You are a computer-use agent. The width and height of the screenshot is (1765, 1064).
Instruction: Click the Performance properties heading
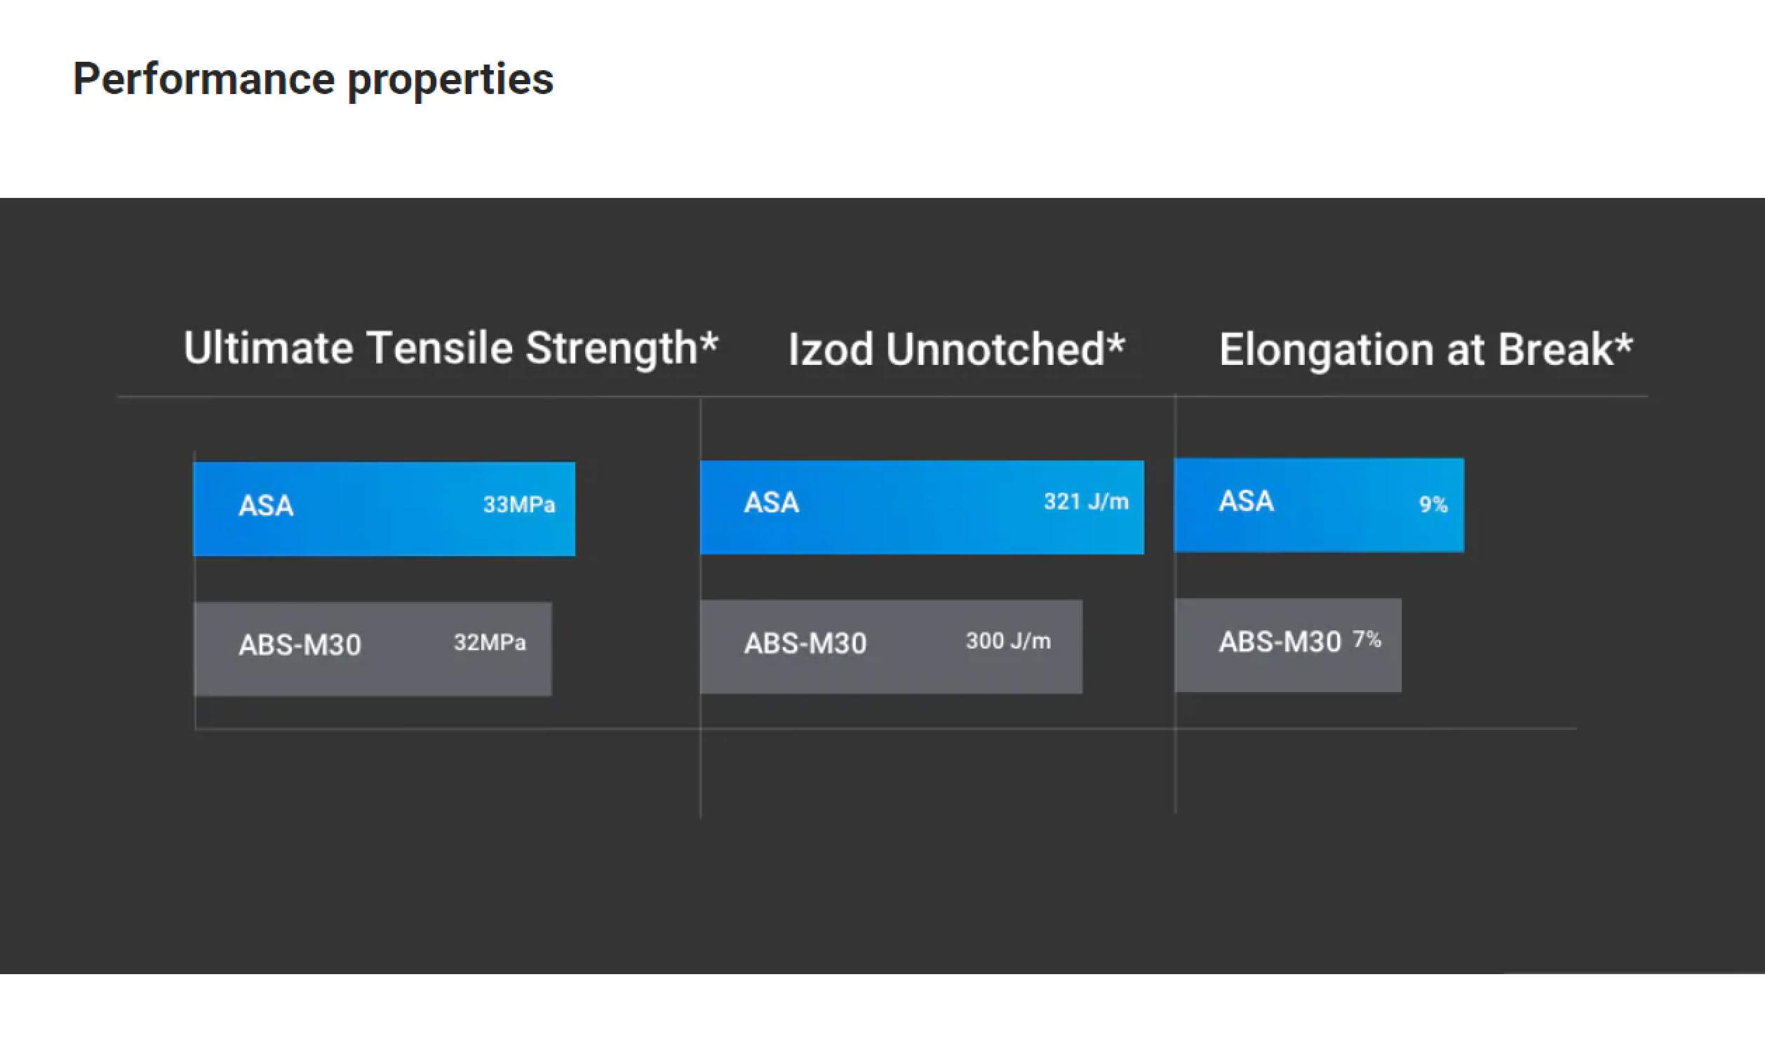tap(313, 79)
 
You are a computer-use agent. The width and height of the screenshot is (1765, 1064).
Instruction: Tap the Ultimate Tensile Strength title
tap(450, 350)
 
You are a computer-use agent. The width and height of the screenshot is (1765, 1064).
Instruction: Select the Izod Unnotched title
tap(957, 350)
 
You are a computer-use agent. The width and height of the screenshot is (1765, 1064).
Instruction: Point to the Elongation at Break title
tap(1426, 350)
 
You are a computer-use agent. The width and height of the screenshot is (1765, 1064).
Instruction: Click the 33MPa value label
tap(519, 505)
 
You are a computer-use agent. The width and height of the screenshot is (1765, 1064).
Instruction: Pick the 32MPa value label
tap(490, 643)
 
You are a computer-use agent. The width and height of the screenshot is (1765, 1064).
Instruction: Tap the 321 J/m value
tap(1086, 502)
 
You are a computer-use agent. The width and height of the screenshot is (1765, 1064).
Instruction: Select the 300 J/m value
tap(1008, 641)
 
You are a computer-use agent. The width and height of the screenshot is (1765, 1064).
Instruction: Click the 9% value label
tap(1433, 505)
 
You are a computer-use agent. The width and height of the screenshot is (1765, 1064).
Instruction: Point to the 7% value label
tap(1367, 639)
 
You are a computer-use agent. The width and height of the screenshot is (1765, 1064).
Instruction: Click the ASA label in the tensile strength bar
tap(266, 506)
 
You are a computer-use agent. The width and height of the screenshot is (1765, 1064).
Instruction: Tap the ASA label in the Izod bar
tap(772, 503)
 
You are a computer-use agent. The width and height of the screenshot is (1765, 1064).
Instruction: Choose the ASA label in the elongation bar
tap(1247, 501)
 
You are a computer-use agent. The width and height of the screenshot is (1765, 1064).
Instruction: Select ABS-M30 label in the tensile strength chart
tap(300, 645)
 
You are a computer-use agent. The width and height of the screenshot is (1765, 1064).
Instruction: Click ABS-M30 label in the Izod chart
tap(805, 644)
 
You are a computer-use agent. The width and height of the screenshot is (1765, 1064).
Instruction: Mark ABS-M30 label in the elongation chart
tap(1280, 642)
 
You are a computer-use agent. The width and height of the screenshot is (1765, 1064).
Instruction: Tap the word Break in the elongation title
tap(1555, 350)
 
